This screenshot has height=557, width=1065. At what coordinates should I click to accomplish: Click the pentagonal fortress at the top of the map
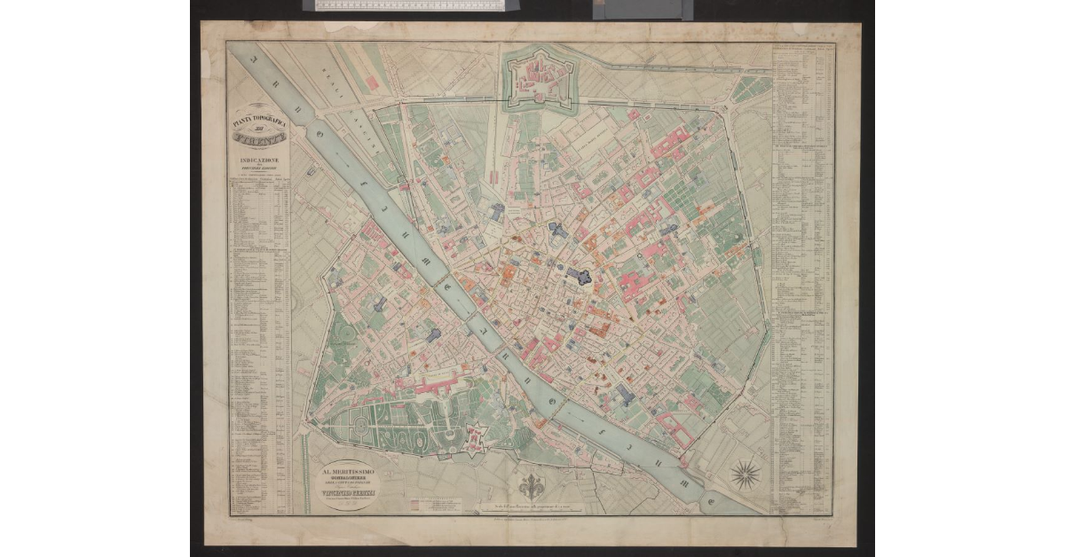(x=538, y=79)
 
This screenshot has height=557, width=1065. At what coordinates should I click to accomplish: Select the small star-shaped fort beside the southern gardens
(x=476, y=436)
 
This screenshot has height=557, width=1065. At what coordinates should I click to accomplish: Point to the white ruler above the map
(x=409, y=5)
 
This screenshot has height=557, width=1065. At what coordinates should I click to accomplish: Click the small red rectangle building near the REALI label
(x=372, y=82)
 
